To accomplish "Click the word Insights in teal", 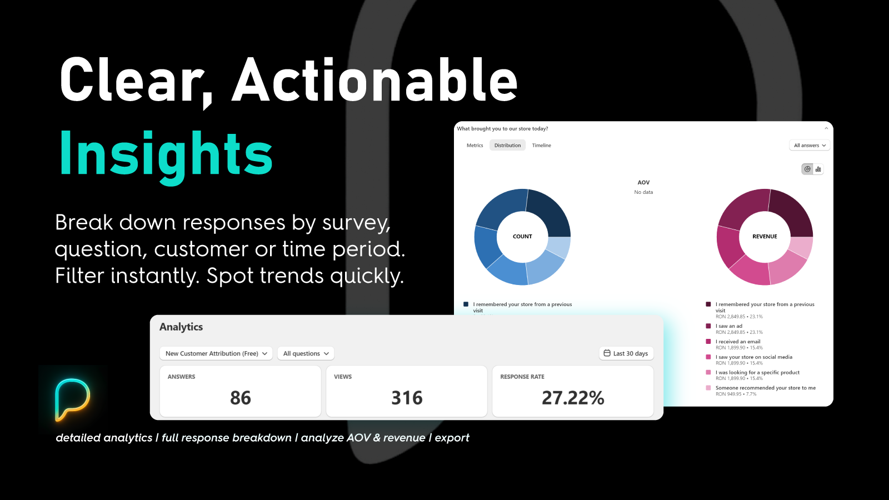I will coord(166,154).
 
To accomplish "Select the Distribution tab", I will coord(507,146).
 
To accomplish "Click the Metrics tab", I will coord(475,146).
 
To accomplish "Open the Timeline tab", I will coord(541,146).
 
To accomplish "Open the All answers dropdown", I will coord(810,146).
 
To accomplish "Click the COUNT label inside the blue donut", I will coord(522,237).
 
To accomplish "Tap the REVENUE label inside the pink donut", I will coord(765,237).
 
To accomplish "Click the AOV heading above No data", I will coord(643,183).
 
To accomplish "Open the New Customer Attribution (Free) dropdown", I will coord(216,353).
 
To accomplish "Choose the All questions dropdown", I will coord(306,353).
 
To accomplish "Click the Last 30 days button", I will coord(626,353).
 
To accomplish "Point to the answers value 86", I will coord(241,398).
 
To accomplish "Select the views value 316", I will coord(407,398).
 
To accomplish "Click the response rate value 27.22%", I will coord(573,398).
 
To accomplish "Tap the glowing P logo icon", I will coord(72,399).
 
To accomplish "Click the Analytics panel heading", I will coord(181,327).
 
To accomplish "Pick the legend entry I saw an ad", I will coord(728,326).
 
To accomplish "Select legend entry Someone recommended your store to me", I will coord(765,388).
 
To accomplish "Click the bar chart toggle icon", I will coord(818,169).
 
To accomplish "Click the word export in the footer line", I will coord(452,438).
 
